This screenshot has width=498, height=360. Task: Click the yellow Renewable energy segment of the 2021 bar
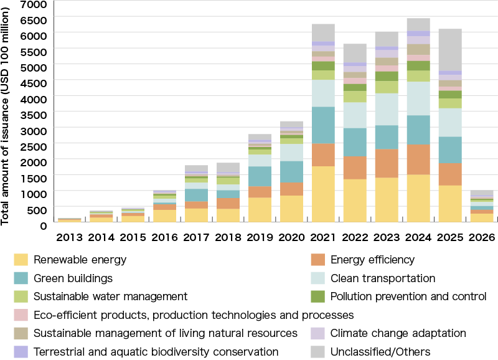point(323,194)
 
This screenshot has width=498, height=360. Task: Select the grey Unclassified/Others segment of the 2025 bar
point(450,50)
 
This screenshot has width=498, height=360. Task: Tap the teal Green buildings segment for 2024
point(418,130)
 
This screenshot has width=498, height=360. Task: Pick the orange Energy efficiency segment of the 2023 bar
point(387,163)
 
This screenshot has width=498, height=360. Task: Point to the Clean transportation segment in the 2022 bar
point(355,115)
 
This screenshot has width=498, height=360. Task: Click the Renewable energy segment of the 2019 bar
point(260,210)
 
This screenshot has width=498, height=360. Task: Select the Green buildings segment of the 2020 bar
point(291,172)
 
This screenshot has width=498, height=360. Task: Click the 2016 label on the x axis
point(164,237)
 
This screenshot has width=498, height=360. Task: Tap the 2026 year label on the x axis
point(482,237)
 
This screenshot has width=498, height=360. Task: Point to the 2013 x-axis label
point(69,237)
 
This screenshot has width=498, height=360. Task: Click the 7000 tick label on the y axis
point(35,4)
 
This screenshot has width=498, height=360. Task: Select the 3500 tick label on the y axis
point(35,115)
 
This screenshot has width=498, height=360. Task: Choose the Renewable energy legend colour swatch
point(21,260)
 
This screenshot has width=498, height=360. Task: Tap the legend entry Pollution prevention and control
point(408,296)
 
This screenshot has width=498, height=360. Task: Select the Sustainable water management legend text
point(110,296)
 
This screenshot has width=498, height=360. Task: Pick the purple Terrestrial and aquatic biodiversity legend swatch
point(21,352)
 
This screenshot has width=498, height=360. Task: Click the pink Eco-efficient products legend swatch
point(21,315)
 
